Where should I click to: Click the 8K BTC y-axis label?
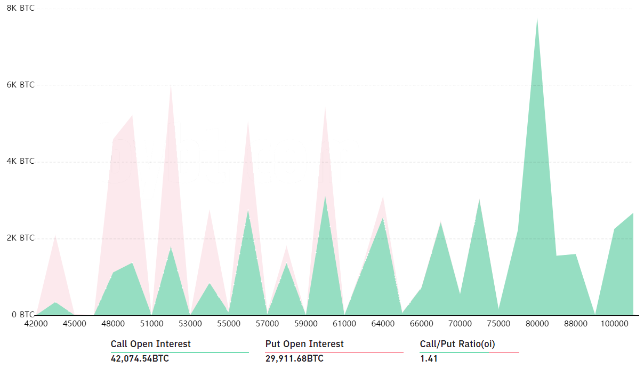click(x=20, y=8)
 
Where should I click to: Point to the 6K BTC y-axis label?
click(x=20, y=85)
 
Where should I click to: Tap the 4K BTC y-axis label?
click(x=20, y=161)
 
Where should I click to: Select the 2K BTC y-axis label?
click(x=20, y=238)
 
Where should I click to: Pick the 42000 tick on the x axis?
click(x=36, y=324)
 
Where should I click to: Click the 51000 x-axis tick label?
click(x=151, y=324)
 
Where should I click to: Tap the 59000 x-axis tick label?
click(x=305, y=324)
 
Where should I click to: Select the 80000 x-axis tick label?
click(x=537, y=324)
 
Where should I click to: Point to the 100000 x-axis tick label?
click(x=614, y=324)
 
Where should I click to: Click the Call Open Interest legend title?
click(x=150, y=344)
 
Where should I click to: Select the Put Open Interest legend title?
click(x=304, y=344)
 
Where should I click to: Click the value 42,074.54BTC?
click(x=140, y=358)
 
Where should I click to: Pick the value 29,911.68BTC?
click(x=294, y=358)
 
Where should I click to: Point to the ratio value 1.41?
click(x=429, y=358)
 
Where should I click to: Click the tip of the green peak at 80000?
click(x=537, y=19)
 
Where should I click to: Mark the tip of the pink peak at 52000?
click(x=171, y=85)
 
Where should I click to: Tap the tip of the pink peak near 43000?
click(x=55, y=235)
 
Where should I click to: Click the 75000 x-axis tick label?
click(x=498, y=324)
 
